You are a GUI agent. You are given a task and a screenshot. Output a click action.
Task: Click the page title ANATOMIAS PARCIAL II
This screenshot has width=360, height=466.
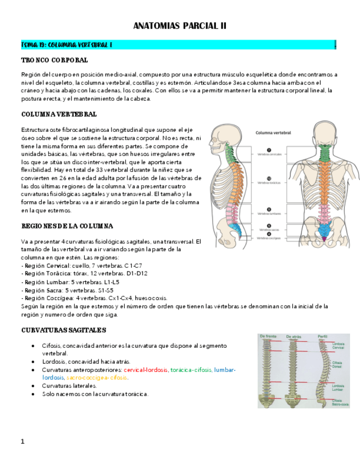(x=180, y=26)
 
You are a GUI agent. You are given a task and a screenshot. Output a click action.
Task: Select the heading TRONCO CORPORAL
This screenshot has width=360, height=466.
(x=54, y=60)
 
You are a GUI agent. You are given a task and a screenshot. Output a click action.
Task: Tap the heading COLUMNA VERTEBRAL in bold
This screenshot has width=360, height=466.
(x=59, y=114)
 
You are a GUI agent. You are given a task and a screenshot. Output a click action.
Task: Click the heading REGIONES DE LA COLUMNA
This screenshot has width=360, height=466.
(x=67, y=226)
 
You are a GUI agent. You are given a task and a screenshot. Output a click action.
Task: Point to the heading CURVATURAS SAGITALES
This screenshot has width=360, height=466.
(x=63, y=330)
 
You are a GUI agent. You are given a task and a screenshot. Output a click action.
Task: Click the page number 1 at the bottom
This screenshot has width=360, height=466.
(x=23, y=441)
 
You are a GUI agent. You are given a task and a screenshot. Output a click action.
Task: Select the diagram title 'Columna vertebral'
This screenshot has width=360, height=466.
(x=273, y=132)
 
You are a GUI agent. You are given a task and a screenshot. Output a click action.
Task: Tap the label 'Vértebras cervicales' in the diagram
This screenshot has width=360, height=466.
(x=270, y=154)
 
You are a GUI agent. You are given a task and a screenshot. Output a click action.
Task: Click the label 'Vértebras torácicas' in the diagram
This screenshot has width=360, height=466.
(x=270, y=182)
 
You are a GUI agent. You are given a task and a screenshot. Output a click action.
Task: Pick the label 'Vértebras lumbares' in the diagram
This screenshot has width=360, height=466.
(x=270, y=213)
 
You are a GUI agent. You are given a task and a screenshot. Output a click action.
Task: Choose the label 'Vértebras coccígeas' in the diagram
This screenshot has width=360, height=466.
(x=270, y=238)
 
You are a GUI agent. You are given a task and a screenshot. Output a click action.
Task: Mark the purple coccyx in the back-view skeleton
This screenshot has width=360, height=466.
(x=323, y=238)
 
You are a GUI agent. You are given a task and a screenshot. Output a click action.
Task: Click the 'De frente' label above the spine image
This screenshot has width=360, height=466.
(x=269, y=336)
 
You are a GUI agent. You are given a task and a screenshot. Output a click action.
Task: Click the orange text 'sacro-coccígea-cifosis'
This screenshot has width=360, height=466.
(x=97, y=378)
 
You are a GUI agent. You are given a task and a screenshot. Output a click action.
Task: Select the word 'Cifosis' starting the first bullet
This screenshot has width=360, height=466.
(x=51, y=346)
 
